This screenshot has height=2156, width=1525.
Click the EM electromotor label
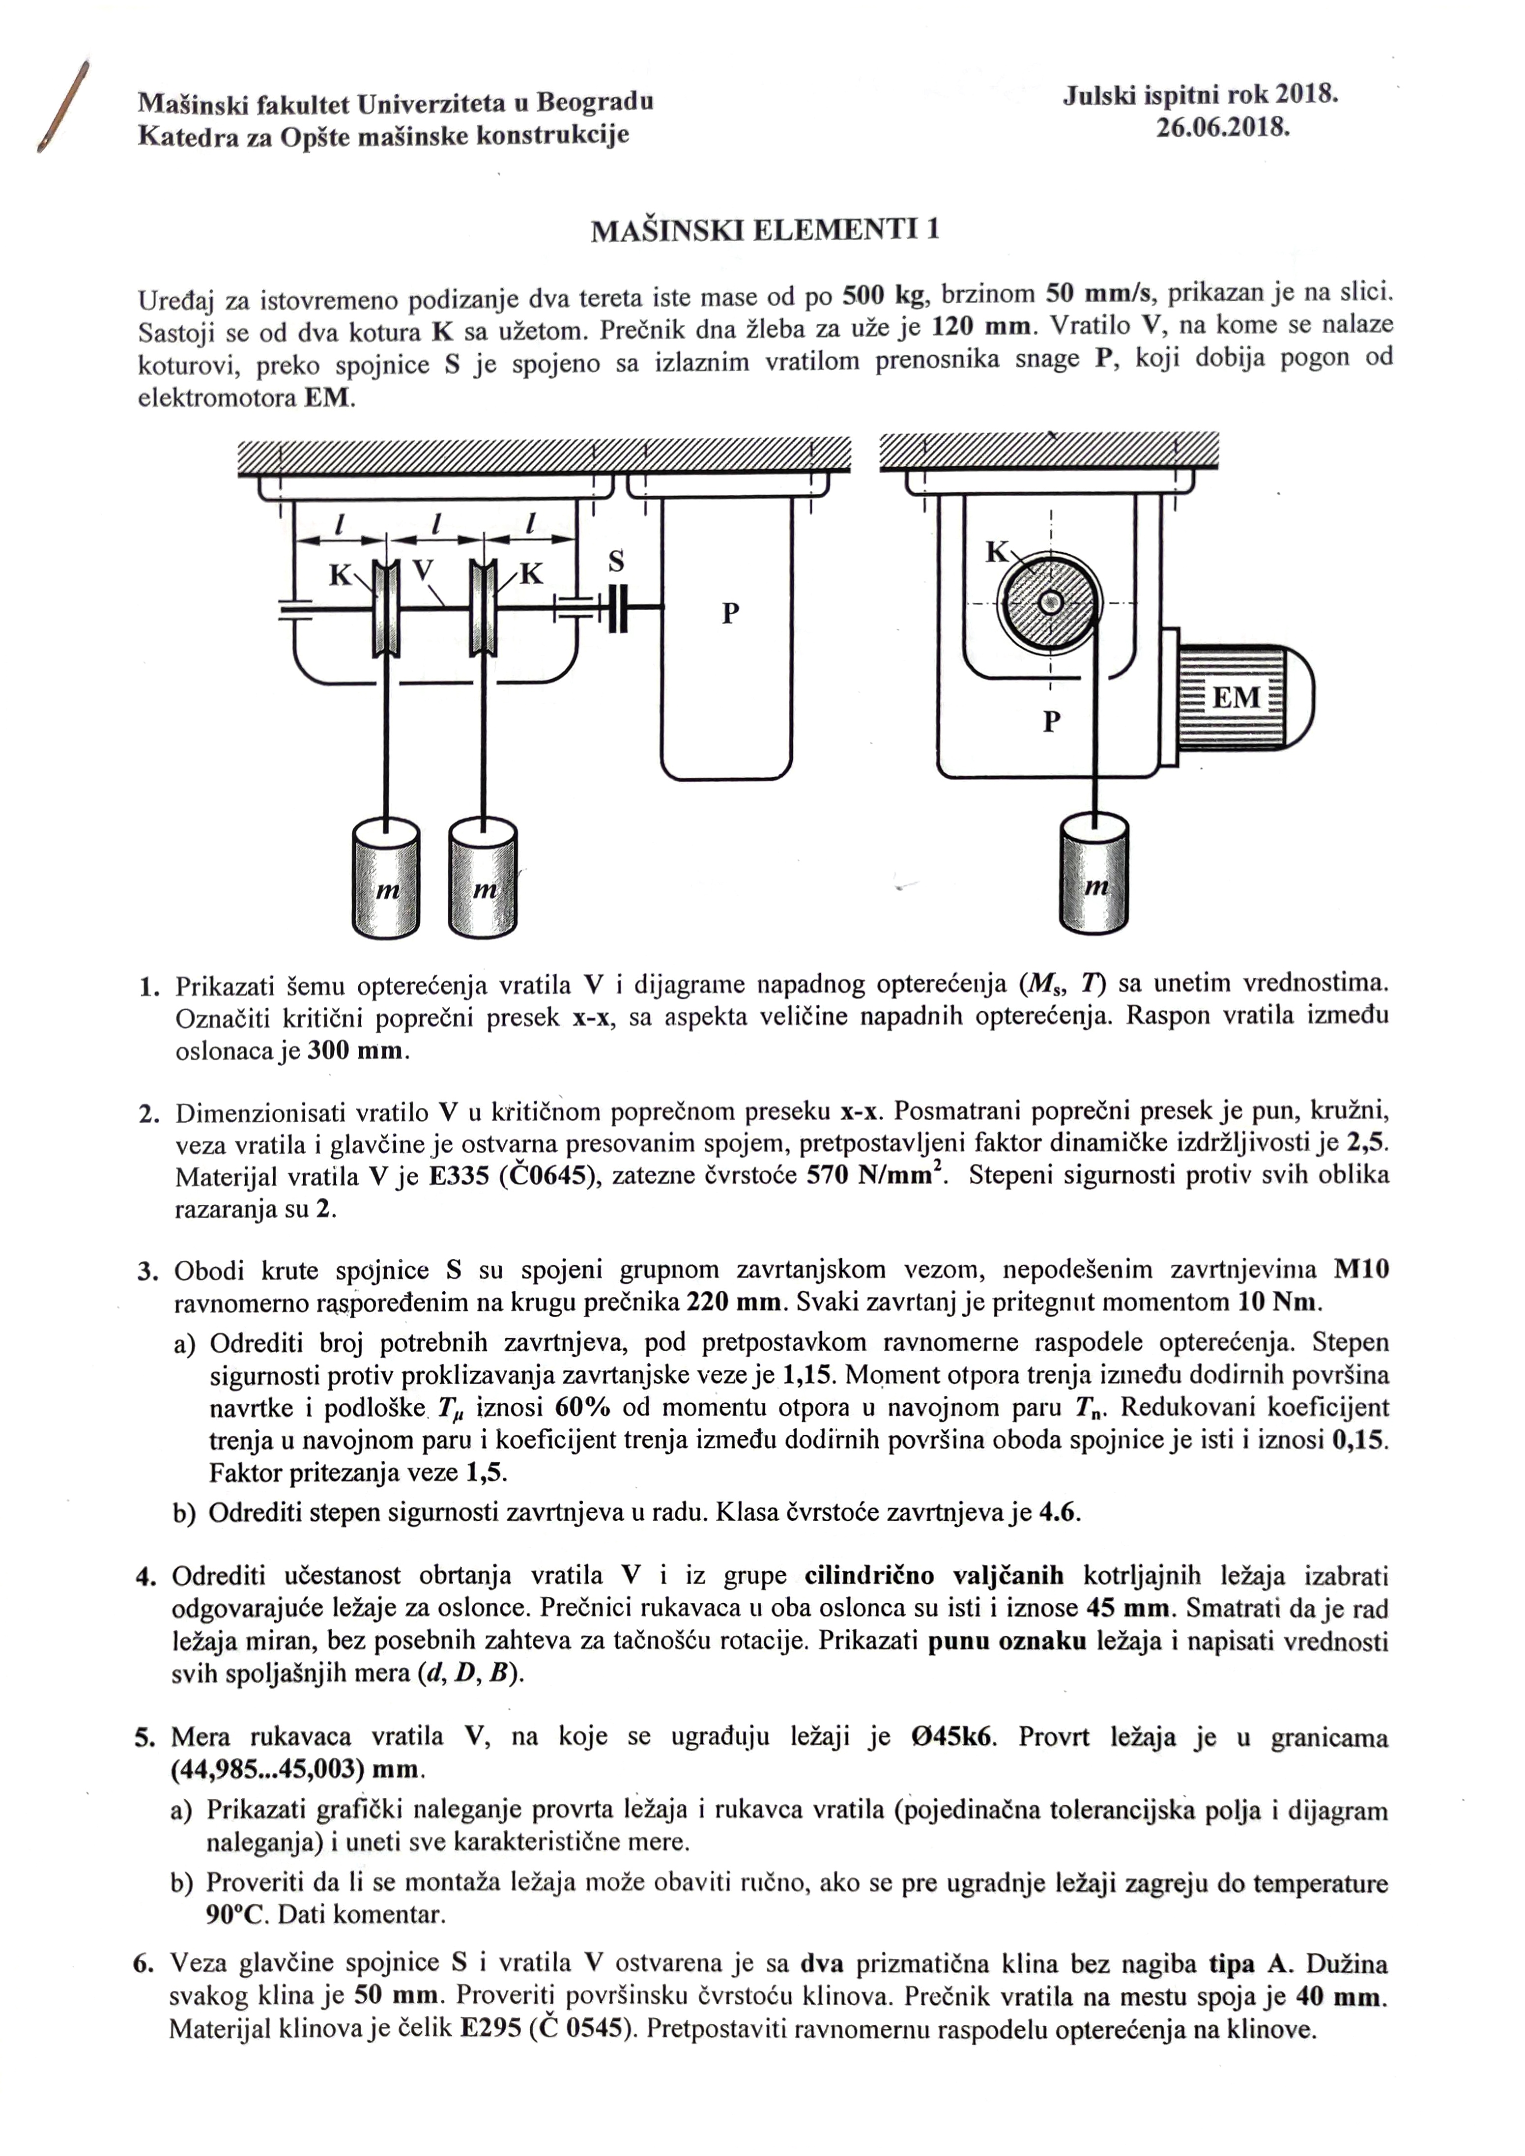1236,698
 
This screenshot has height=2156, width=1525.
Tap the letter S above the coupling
616,562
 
